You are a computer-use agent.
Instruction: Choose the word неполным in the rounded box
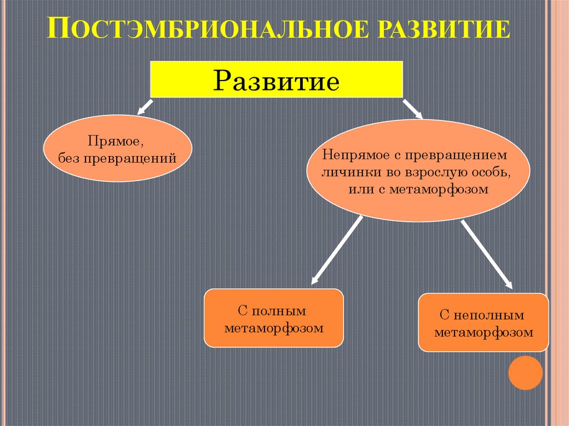pyautogui.click(x=488, y=315)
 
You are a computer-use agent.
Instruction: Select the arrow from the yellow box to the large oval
pyautogui.click(x=412, y=108)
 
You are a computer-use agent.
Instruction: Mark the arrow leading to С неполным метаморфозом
pyautogui.click(x=486, y=254)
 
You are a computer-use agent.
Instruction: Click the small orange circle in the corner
pyautogui.click(x=525, y=373)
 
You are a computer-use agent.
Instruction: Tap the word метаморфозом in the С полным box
pyautogui.click(x=274, y=328)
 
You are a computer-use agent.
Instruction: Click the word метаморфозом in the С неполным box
pyautogui.click(x=483, y=333)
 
